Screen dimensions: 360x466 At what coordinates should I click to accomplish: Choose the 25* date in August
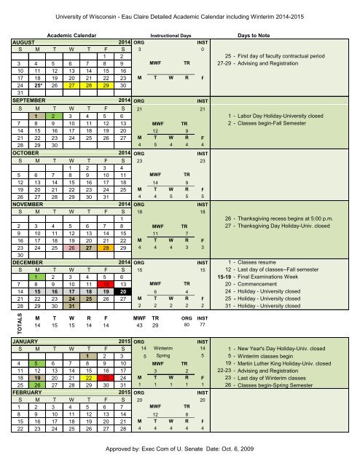click(x=33, y=84)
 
